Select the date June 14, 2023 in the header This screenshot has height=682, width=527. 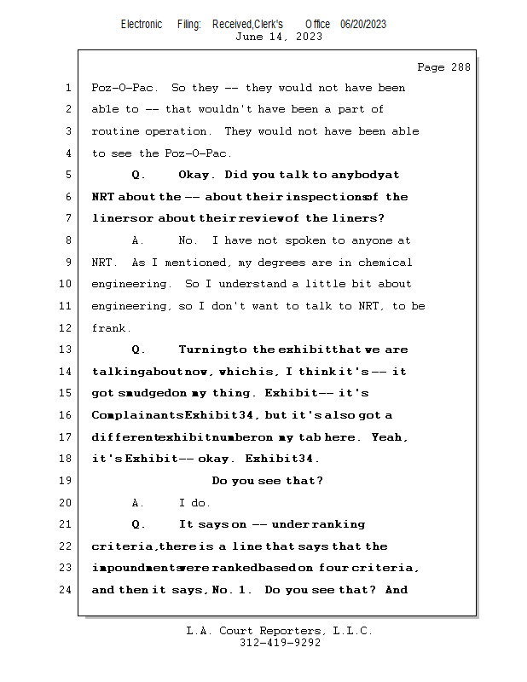click(x=278, y=36)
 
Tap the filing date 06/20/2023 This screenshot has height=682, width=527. click(x=363, y=24)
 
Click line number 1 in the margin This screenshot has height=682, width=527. click(x=68, y=88)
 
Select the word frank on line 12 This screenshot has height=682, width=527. click(x=110, y=328)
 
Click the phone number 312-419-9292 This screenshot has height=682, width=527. click(x=279, y=643)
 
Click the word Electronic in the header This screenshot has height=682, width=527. click(x=142, y=24)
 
